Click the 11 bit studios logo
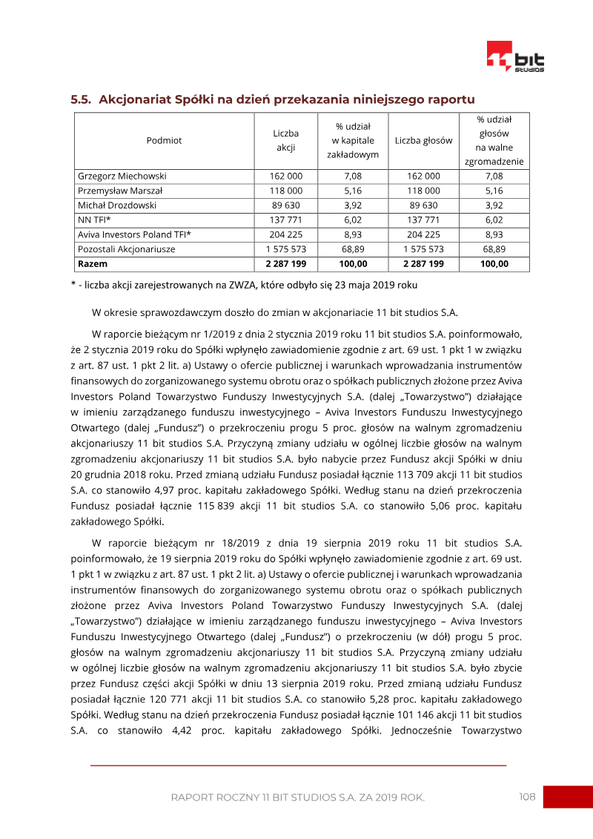515,57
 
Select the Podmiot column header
164,140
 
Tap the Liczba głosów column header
423,140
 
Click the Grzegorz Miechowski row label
122,177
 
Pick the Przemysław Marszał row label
121,191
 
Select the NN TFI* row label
94,220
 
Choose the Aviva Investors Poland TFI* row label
134,234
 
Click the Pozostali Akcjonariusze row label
127,249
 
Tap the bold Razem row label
93,263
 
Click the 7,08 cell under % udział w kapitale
353,177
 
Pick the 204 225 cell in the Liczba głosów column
423,234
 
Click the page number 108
527,797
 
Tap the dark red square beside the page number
568,797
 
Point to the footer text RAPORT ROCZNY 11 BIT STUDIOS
297,797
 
